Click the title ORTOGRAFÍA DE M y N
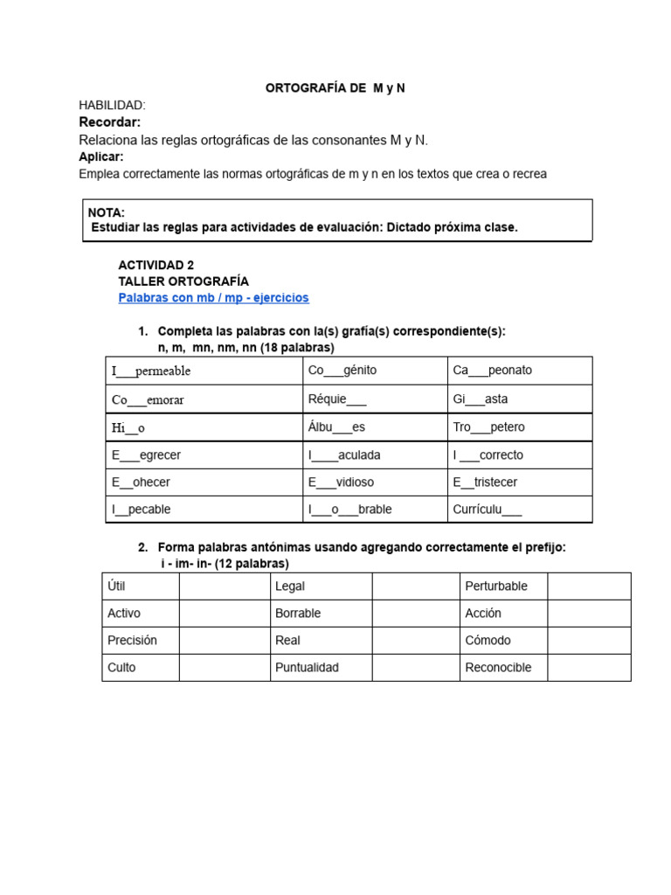tap(335, 88)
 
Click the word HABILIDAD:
tap(112, 105)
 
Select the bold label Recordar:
tap(109, 121)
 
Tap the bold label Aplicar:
tap(101, 156)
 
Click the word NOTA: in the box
tap(107, 212)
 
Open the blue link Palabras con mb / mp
tap(213, 298)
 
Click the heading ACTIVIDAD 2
tap(156, 265)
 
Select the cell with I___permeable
tap(204, 371)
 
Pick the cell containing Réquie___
tap(375, 399)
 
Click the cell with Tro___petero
tap(519, 427)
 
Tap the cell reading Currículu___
tap(519, 510)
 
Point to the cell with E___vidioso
tap(375, 482)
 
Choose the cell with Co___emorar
tap(204, 399)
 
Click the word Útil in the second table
tap(116, 586)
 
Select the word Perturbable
tap(496, 586)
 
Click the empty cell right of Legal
tap(415, 586)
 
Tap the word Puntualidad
tap(307, 667)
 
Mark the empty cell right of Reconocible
tap(589, 667)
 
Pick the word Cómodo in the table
tap(488, 640)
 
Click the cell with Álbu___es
tap(375, 427)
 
